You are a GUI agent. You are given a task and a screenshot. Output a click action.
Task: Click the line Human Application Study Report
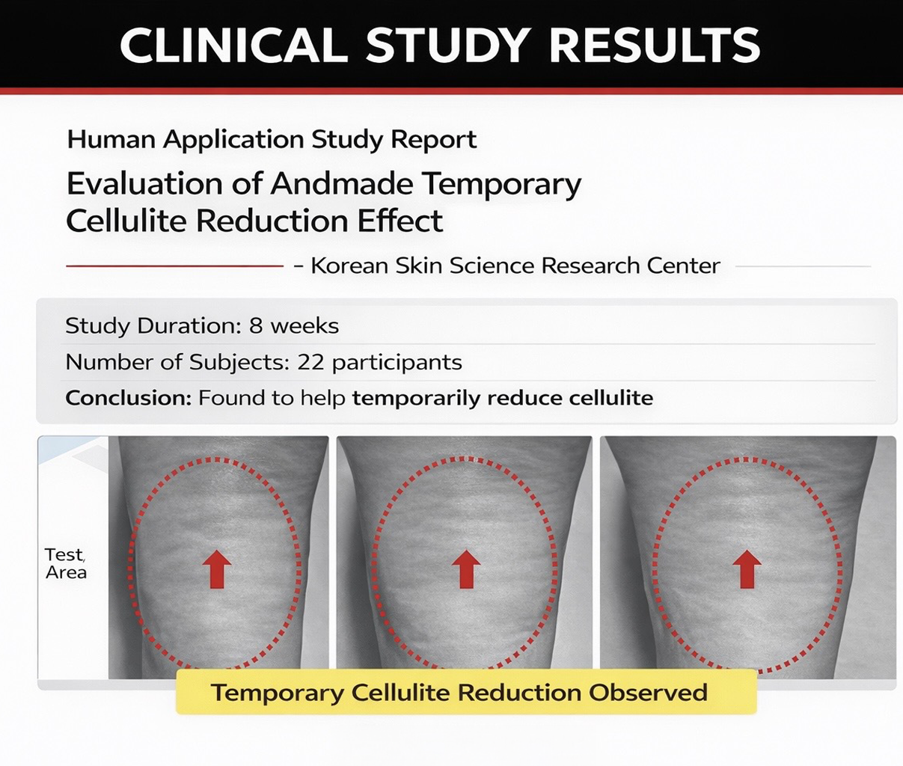coord(272,140)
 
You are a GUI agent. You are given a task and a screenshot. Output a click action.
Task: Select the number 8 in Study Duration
coord(257,326)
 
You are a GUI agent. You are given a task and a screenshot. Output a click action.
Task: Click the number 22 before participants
coord(310,363)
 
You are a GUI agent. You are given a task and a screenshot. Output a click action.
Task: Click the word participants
coord(397,363)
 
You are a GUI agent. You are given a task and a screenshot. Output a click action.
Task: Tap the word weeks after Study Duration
coord(304,326)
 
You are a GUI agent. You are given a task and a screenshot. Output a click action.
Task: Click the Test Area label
coord(66,563)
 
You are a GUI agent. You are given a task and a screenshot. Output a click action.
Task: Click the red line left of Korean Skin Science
coord(174,266)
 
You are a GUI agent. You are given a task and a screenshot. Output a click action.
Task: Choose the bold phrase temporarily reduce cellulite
coord(502,398)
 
